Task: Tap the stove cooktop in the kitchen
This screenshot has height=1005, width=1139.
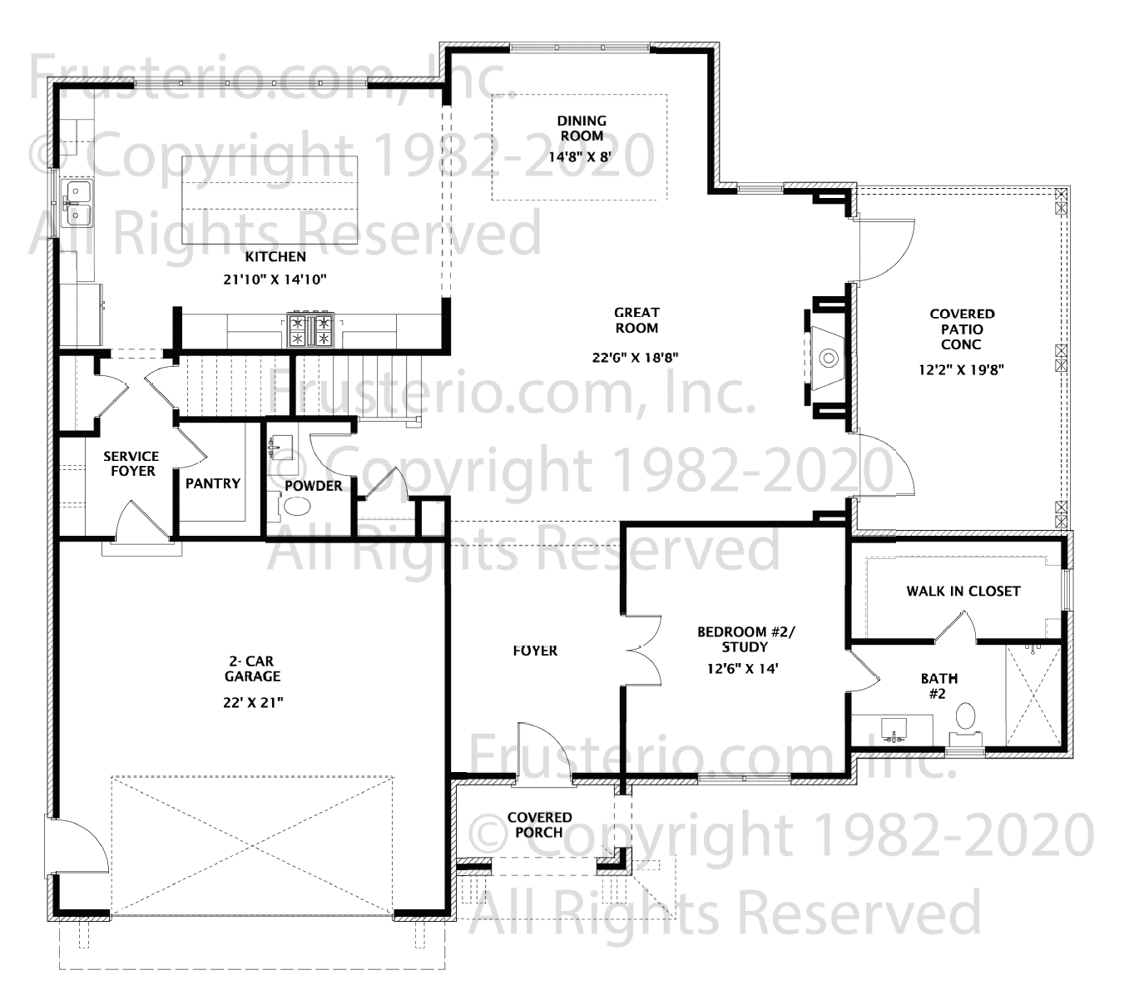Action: (310, 330)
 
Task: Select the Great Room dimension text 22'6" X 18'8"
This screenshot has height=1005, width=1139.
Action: (636, 358)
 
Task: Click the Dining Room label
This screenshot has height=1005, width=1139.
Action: (582, 128)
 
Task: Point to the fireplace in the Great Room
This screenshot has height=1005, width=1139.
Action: (826, 358)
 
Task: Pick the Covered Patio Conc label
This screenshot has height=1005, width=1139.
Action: (961, 329)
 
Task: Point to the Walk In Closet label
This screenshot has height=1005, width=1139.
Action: (963, 591)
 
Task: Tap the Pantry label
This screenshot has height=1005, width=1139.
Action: (212, 483)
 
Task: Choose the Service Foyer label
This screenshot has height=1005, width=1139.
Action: (131, 463)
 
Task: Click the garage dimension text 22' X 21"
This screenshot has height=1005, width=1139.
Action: (252, 703)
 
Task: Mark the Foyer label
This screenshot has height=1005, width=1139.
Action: (535, 651)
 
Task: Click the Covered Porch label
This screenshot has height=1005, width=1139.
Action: (539, 825)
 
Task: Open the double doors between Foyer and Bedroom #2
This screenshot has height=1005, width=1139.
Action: (642, 650)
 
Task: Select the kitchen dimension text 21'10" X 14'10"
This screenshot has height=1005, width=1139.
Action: (275, 280)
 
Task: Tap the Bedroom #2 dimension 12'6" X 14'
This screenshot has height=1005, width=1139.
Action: (743, 669)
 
